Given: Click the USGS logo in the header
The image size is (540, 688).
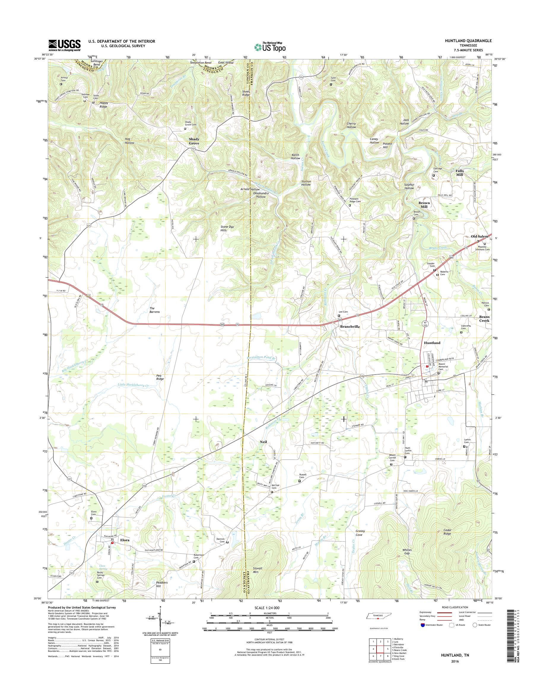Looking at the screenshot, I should tap(64, 45).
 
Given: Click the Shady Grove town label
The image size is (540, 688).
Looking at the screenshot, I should tap(196, 141).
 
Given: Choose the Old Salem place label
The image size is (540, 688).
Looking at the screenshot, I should tap(479, 236).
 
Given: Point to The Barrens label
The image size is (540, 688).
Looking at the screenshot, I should tap(155, 310).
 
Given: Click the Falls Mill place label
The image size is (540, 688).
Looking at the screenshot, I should tap(459, 172).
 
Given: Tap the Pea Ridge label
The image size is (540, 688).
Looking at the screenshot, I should tap(160, 377).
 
